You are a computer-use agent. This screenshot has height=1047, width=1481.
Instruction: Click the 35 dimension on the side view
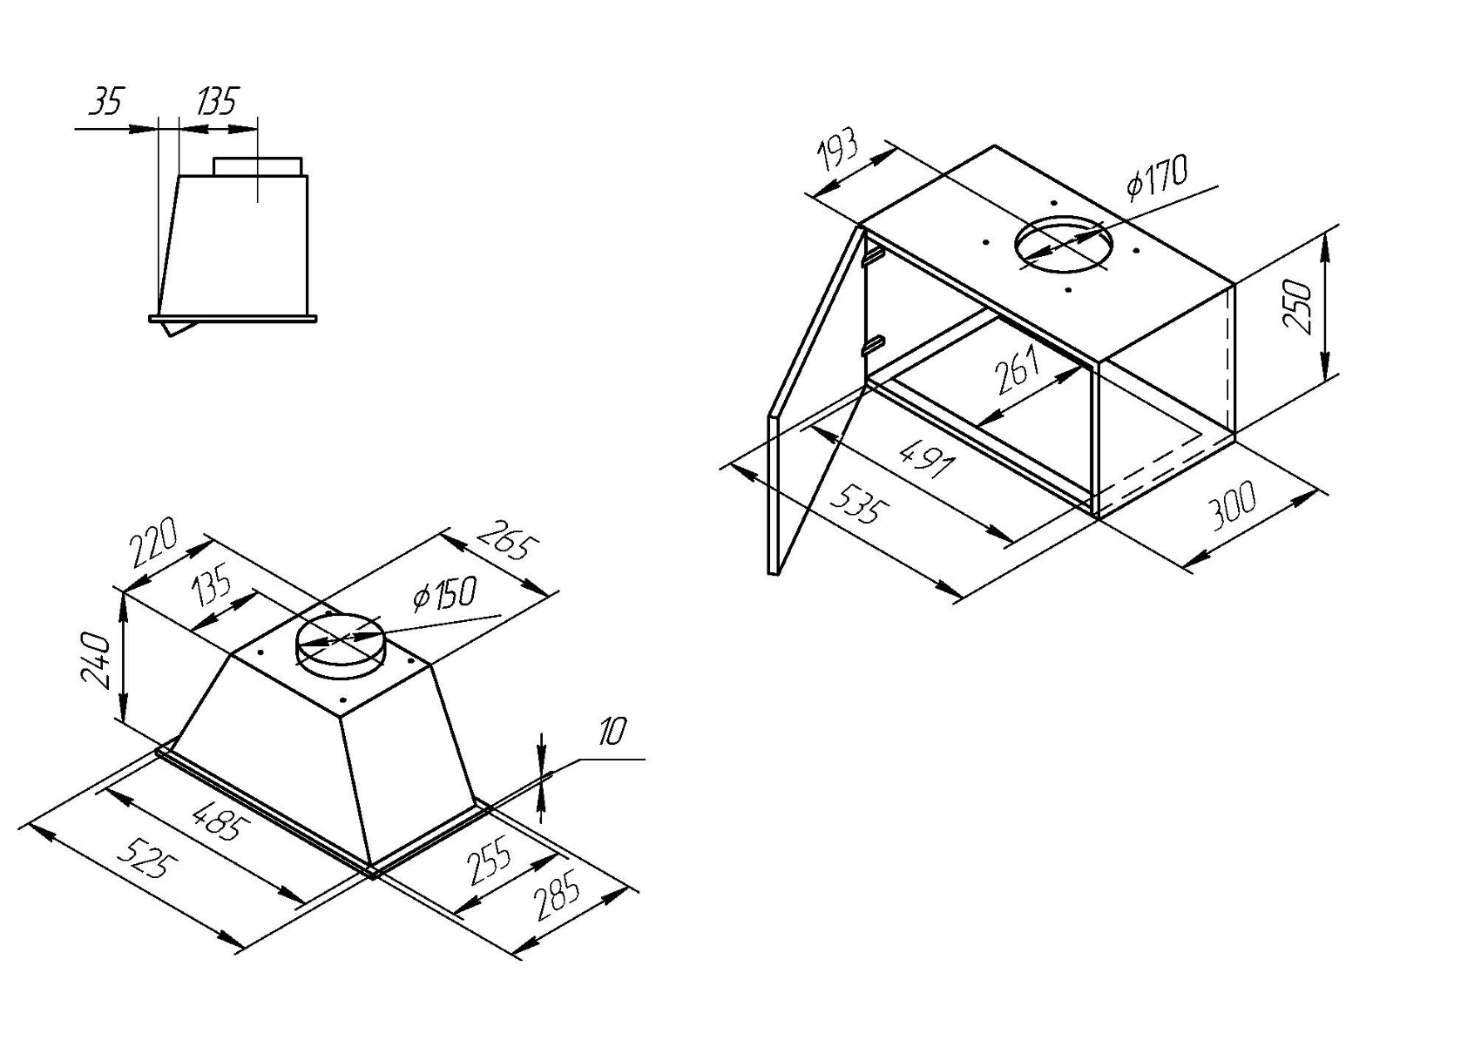106,101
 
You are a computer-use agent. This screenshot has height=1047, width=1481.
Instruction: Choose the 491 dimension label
926,457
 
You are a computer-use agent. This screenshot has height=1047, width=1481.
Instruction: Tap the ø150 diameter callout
443,593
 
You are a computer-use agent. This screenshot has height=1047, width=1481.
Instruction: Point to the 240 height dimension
95,659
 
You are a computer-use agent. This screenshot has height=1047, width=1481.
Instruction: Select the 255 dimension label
490,860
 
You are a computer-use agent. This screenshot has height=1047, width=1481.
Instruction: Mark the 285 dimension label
558,895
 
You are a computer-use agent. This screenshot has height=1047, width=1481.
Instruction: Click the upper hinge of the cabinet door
873,256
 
